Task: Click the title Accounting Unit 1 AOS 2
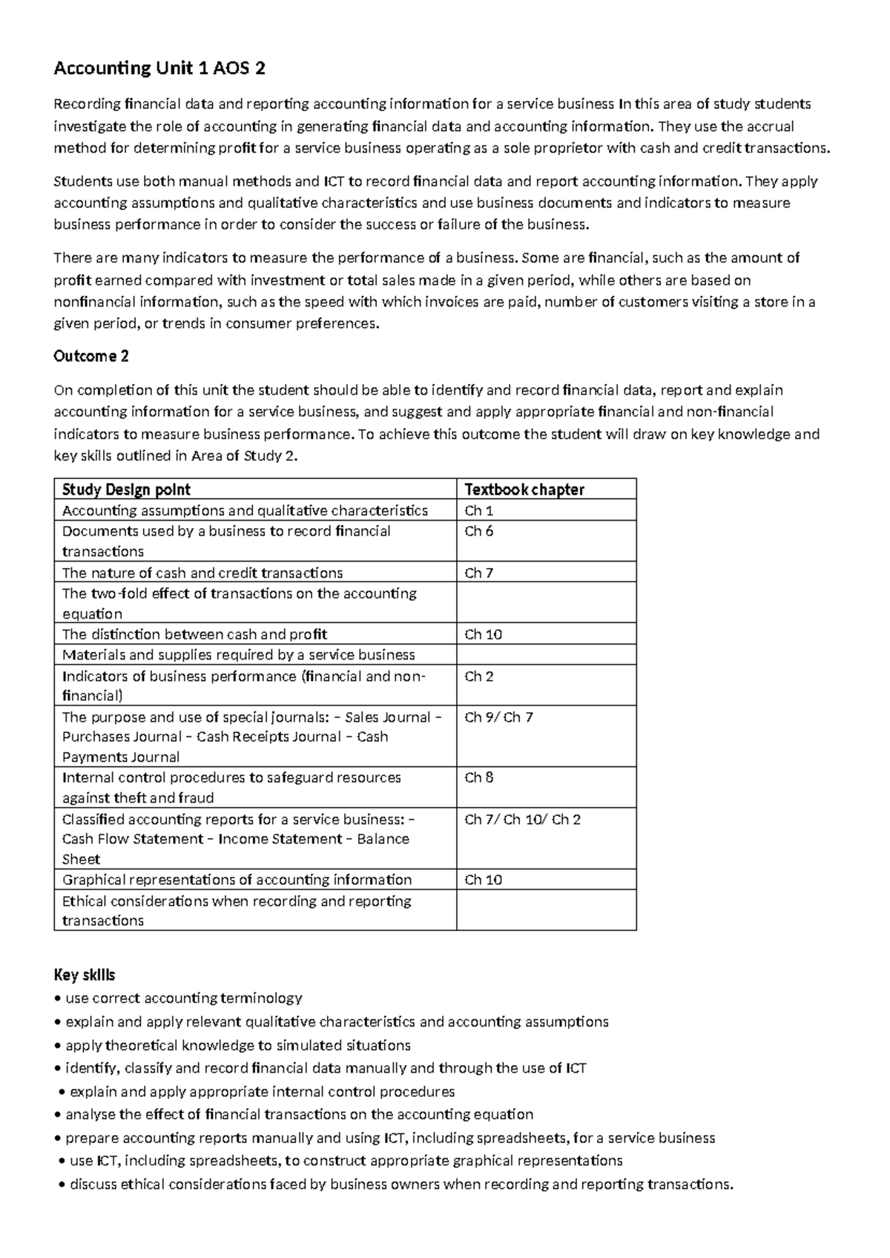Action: tap(159, 69)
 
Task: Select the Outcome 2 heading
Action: tap(91, 356)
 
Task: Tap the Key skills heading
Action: tap(84, 975)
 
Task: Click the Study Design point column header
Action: tap(126, 489)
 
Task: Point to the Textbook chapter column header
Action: tap(524, 489)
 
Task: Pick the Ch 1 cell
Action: tap(478, 510)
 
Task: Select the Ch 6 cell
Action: tap(478, 531)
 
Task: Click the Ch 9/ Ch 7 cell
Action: tap(498, 717)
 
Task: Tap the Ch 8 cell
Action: tap(478, 777)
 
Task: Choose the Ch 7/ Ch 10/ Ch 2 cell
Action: tap(522, 820)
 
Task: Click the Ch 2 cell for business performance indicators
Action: tap(478, 676)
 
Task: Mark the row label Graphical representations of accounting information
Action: tap(237, 880)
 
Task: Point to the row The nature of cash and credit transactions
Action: tap(202, 573)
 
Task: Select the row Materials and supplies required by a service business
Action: tap(238, 655)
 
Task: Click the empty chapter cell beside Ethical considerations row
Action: tap(546, 910)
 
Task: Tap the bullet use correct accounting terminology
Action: tap(183, 998)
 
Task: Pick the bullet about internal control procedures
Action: tap(261, 1092)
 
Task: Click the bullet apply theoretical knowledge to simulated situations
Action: tap(237, 1045)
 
